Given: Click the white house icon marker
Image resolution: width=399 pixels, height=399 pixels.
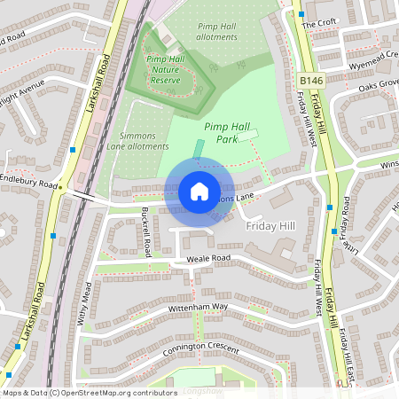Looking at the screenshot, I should tap(199, 192).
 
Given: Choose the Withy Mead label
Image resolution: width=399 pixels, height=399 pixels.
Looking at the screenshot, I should tap(86, 305).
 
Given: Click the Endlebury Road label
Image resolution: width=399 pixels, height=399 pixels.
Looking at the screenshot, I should tap(28, 177).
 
